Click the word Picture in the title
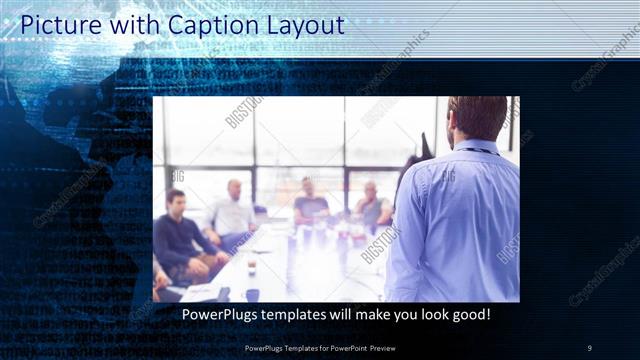pyautogui.click(x=60, y=23)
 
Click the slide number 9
pyautogui.click(x=590, y=347)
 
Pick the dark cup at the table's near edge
pyautogui.click(x=252, y=294)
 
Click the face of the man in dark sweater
pyautogui.click(x=176, y=201)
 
